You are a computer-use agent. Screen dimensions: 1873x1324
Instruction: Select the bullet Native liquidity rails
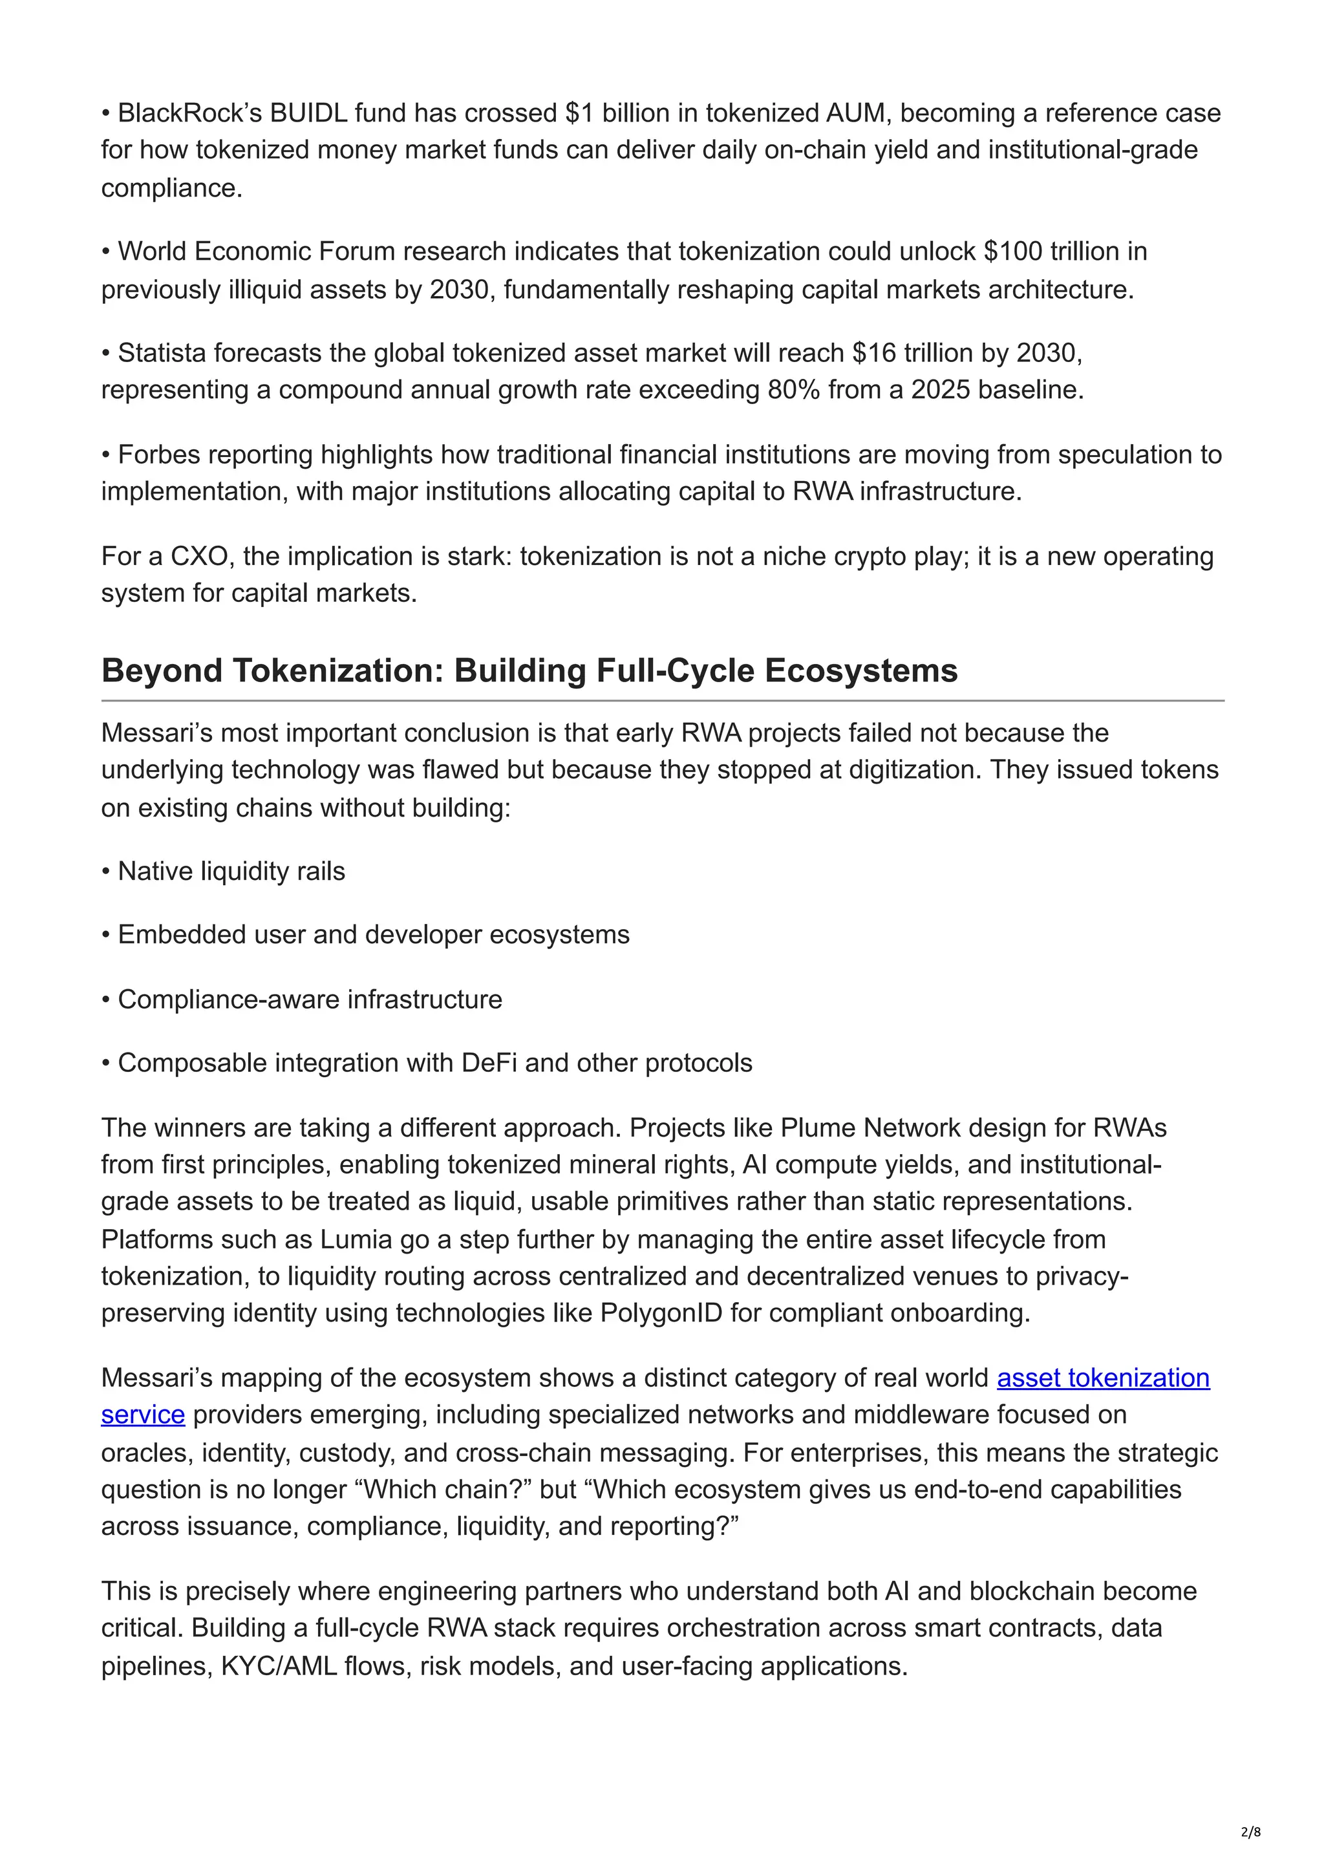231,872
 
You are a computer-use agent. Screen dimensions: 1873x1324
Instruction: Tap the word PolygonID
661,1312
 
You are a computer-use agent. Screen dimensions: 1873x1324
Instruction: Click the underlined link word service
143,1415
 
